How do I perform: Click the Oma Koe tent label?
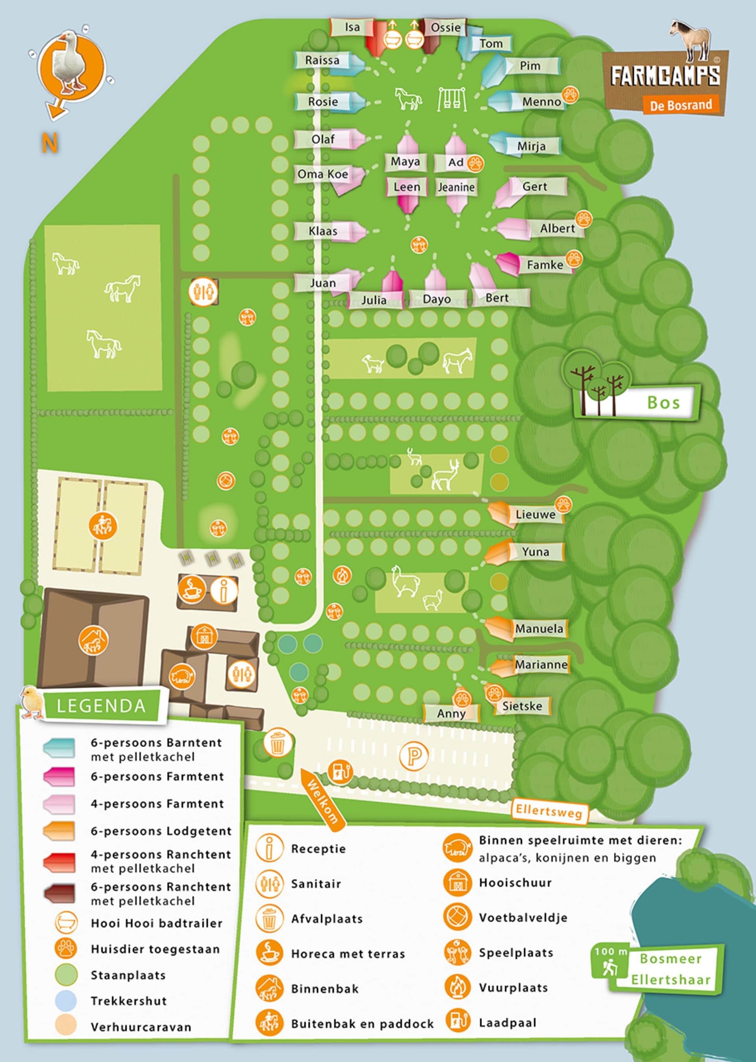(x=322, y=174)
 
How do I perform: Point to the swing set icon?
(x=452, y=99)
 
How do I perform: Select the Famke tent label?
(x=545, y=265)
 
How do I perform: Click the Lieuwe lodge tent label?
(x=535, y=514)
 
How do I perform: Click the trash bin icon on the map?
(x=278, y=742)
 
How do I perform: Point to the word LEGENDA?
(x=101, y=706)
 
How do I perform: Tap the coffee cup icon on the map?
(x=191, y=589)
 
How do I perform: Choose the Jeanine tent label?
(x=456, y=187)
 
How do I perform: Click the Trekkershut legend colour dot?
(x=66, y=1001)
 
